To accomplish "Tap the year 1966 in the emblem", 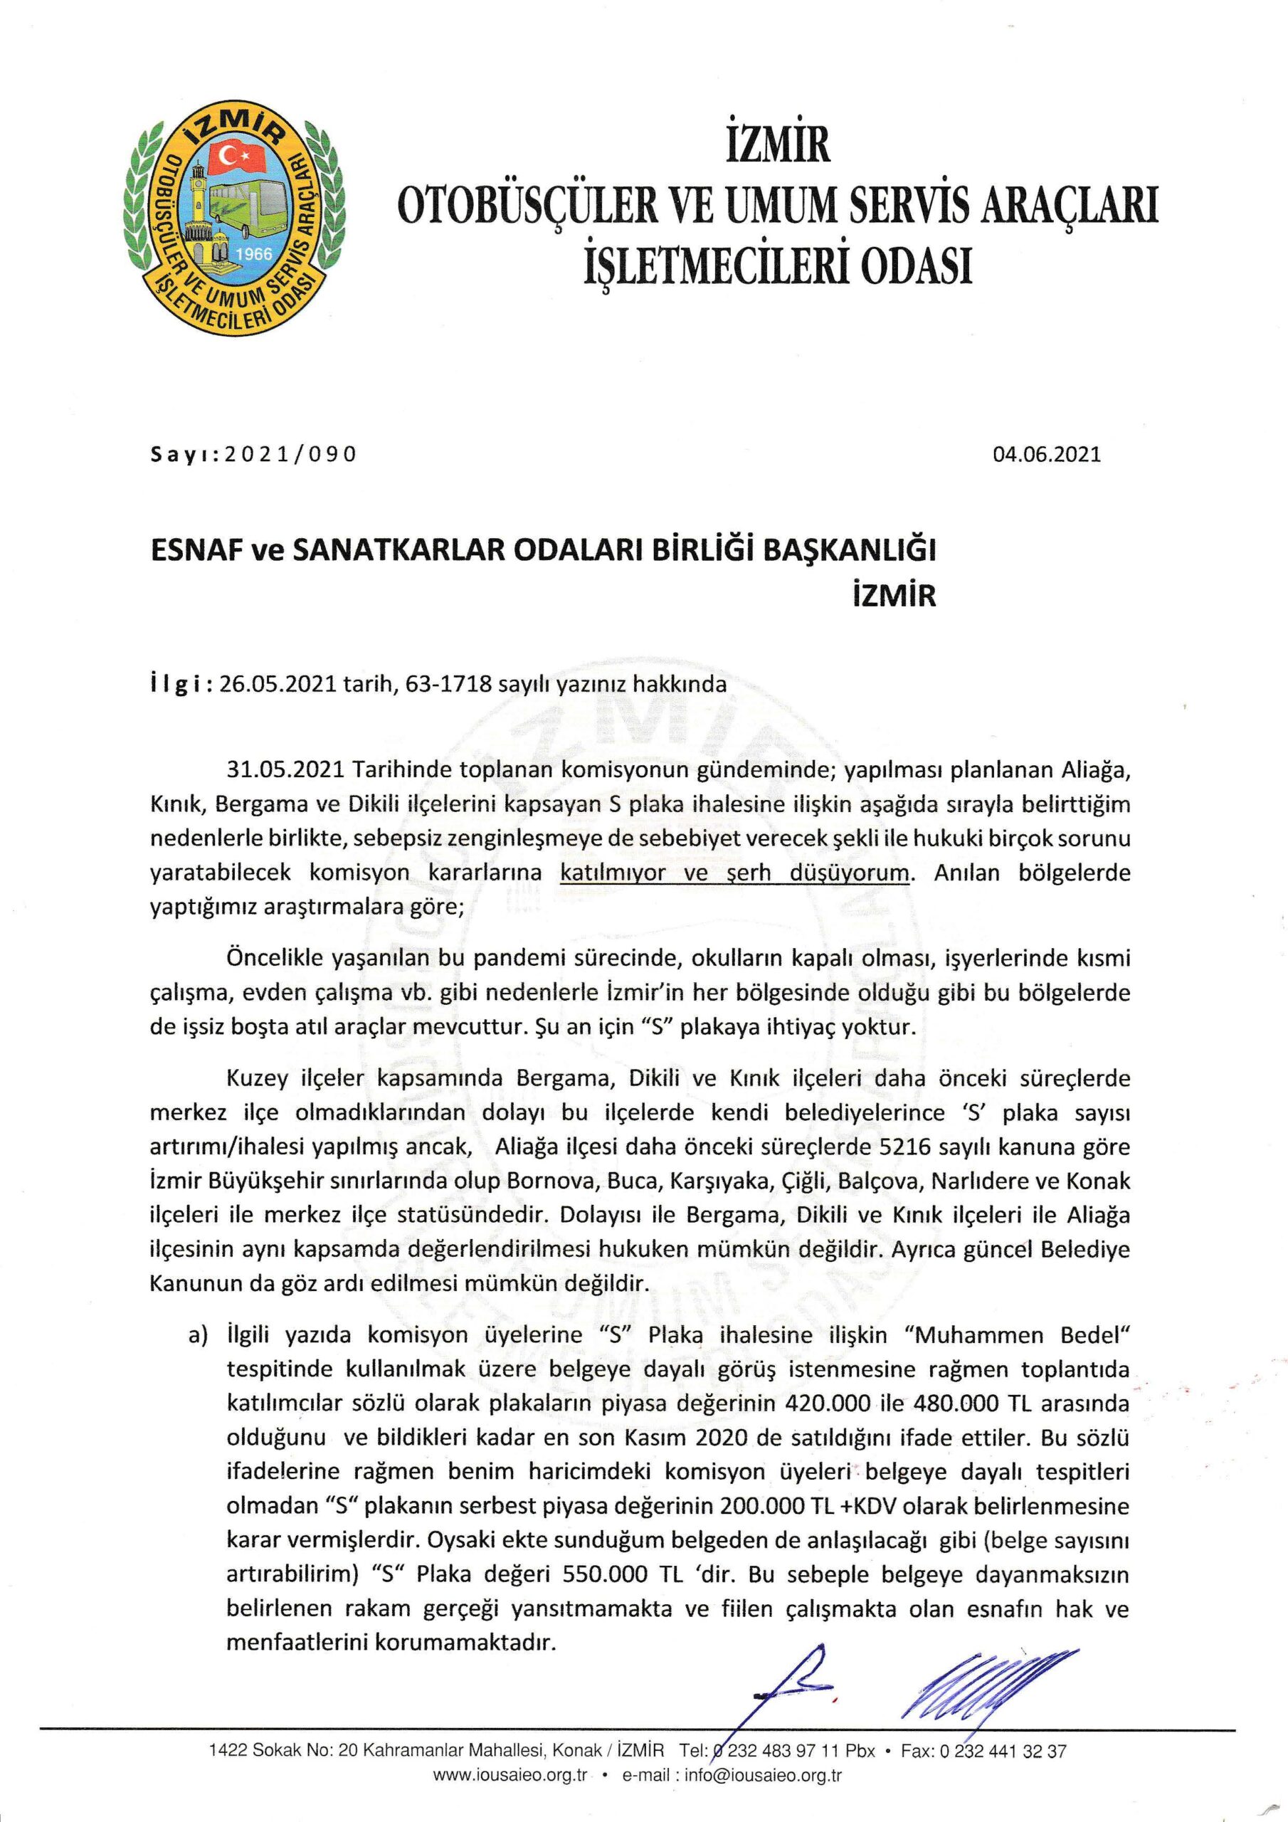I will click(255, 254).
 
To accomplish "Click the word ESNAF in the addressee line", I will click(191, 551).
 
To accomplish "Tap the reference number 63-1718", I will click(457, 685).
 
